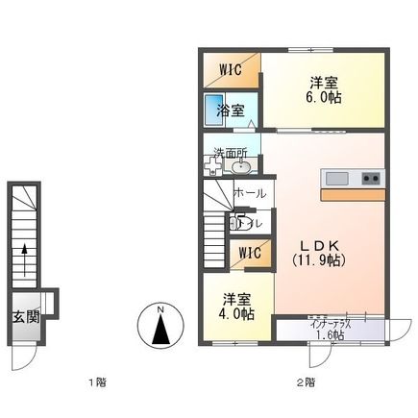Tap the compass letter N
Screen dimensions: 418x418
[x=161, y=309]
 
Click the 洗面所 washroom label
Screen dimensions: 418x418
[x=231, y=152]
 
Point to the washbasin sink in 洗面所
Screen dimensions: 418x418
[x=241, y=168]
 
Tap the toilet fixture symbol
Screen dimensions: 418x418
[x=236, y=225]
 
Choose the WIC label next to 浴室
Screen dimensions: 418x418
[x=231, y=69]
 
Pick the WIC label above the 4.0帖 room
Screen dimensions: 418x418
[x=250, y=254]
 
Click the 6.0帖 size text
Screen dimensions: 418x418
[x=323, y=98]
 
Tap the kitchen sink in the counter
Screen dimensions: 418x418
[x=336, y=179]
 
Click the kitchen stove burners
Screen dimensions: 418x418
[x=372, y=179]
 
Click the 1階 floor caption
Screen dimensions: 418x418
[x=96, y=382]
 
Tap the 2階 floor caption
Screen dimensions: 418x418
[x=305, y=382]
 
